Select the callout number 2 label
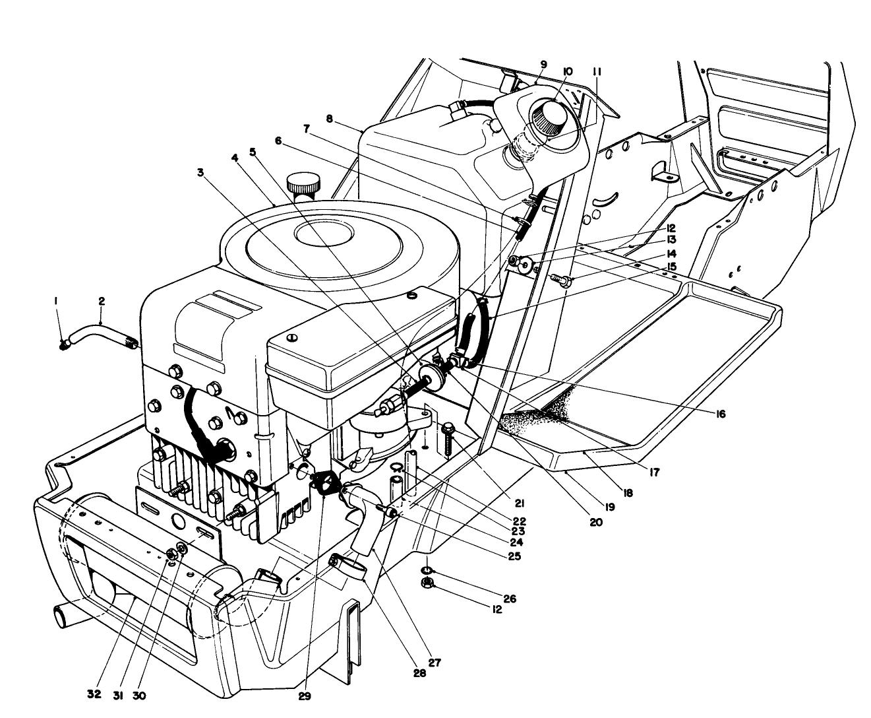point(102,301)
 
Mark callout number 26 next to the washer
point(509,599)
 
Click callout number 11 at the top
point(597,71)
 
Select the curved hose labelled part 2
point(99,330)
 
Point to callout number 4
point(235,158)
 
